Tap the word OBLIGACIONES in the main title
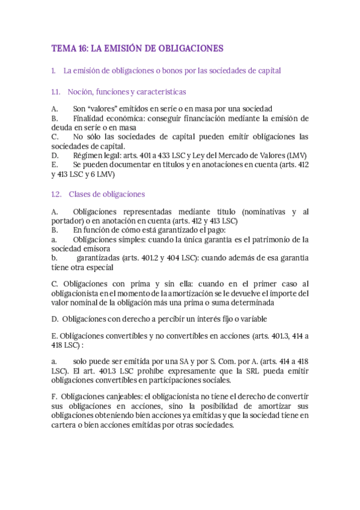[x=189, y=48]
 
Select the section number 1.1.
[x=56, y=92]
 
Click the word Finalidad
[x=90, y=119]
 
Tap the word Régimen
[x=88, y=155]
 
